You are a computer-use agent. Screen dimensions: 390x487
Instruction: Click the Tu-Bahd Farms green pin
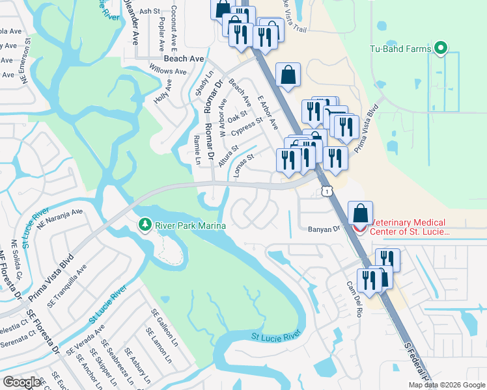(x=441, y=49)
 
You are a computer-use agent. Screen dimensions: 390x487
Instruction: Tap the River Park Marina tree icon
(x=145, y=225)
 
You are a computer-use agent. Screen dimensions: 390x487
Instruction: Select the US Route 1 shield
(x=325, y=189)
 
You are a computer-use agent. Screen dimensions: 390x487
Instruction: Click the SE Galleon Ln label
(x=165, y=325)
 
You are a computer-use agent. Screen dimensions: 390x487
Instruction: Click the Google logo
(x=22, y=382)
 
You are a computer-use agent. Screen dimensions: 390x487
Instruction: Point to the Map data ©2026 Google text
(x=447, y=385)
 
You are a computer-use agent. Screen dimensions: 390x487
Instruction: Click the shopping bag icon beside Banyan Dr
(x=360, y=213)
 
